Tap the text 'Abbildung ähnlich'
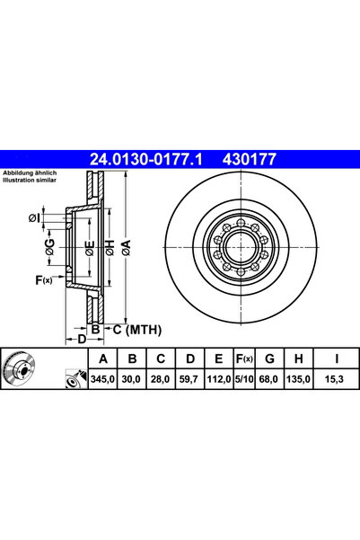29,173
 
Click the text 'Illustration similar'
29,180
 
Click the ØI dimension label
34,217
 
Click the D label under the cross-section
81,339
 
